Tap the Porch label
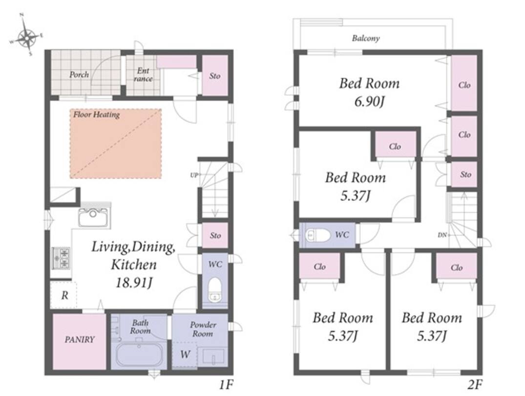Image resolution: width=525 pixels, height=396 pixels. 79,74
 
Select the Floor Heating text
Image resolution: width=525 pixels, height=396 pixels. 96,115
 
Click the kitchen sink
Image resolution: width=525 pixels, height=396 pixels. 93,217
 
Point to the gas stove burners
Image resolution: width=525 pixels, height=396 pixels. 61,259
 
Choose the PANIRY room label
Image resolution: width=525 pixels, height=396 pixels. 80,340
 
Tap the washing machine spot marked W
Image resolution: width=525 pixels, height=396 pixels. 185,354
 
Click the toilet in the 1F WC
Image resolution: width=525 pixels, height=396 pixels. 214,289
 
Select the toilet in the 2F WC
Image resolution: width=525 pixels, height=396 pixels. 318,235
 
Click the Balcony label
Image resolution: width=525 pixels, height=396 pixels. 366,38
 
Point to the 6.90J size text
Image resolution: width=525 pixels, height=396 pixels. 369,101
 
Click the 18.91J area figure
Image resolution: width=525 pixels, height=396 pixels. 134,283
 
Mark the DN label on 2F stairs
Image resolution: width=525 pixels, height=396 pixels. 442,235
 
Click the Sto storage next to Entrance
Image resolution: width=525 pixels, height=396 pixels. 215,76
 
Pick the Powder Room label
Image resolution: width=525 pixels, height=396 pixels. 203,329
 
